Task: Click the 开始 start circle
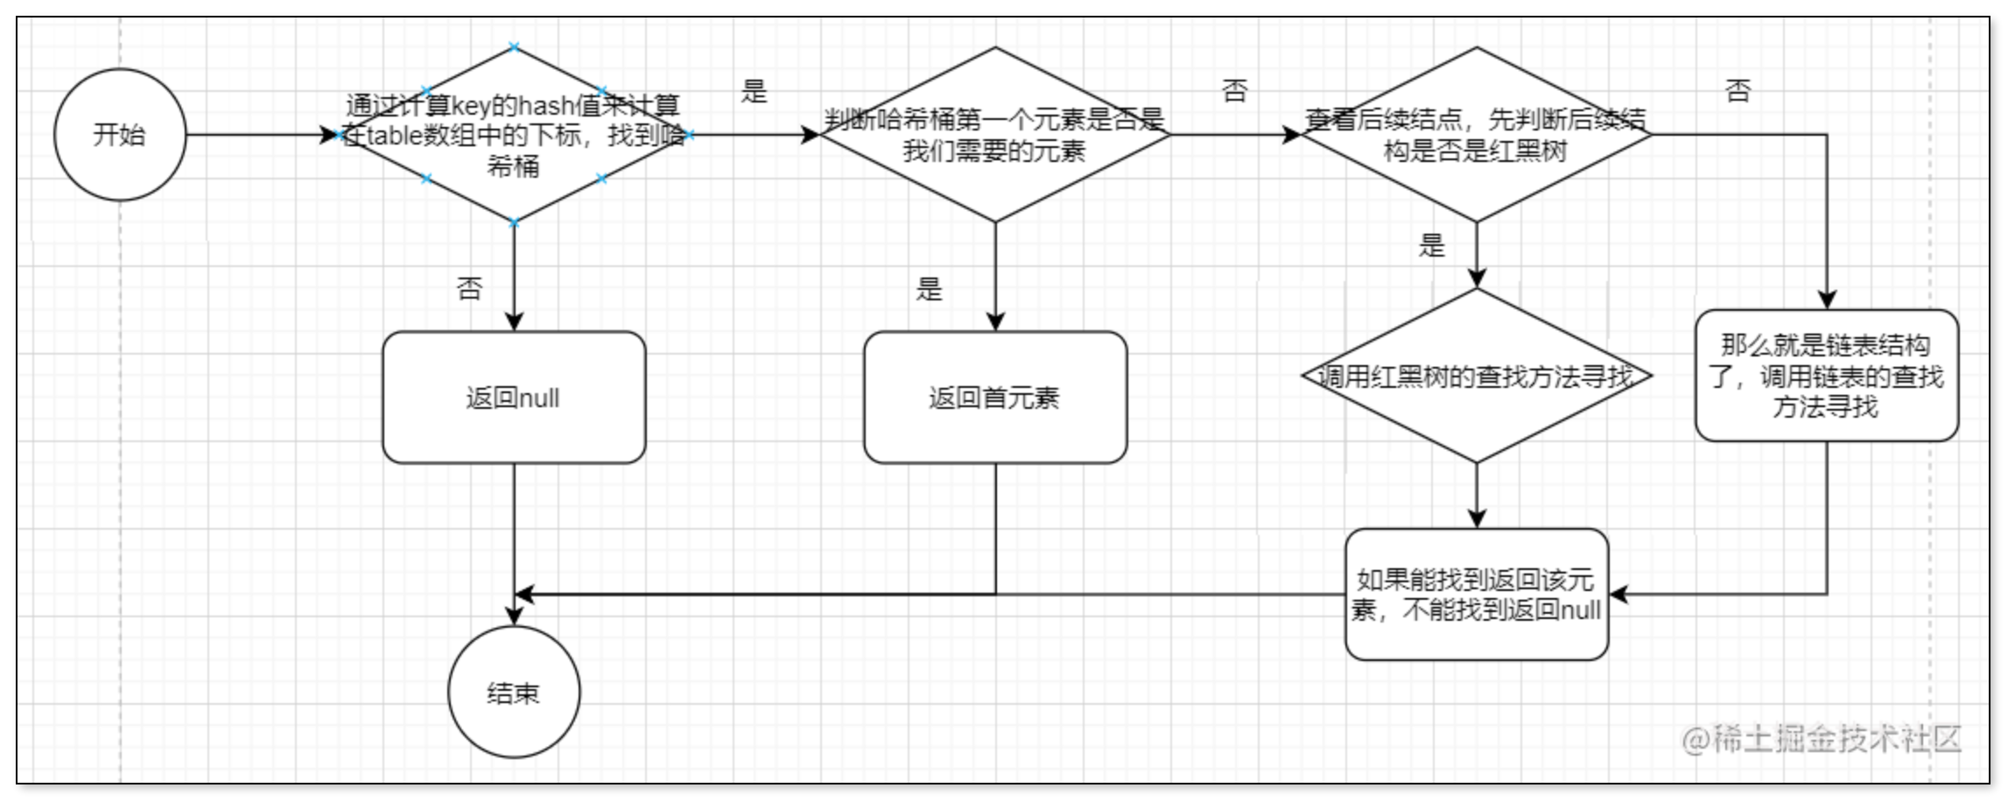(x=120, y=135)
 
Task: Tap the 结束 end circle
(x=514, y=692)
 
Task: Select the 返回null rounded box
(x=514, y=397)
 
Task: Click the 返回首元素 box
(x=995, y=397)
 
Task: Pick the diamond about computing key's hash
(x=514, y=135)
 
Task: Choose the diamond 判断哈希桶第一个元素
(x=995, y=135)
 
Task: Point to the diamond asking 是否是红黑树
(x=1477, y=135)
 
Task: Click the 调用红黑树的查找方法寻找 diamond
(x=1477, y=376)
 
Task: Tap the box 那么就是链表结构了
(x=1826, y=376)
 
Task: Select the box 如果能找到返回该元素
(x=1477, y=594)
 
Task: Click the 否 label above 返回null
(x=470, y=288)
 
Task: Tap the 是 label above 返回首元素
(x=929, y=288)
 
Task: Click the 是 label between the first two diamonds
(x=754, y=90)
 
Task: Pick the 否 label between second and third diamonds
(x=1234, y=90)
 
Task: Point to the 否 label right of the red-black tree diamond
(x=1738, y=90)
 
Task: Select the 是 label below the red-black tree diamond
(x=1432, y=245)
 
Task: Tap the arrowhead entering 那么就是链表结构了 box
(x=1827, y=299)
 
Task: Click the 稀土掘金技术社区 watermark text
(x=1821, y=740)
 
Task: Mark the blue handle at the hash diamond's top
(x=514, y=47)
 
